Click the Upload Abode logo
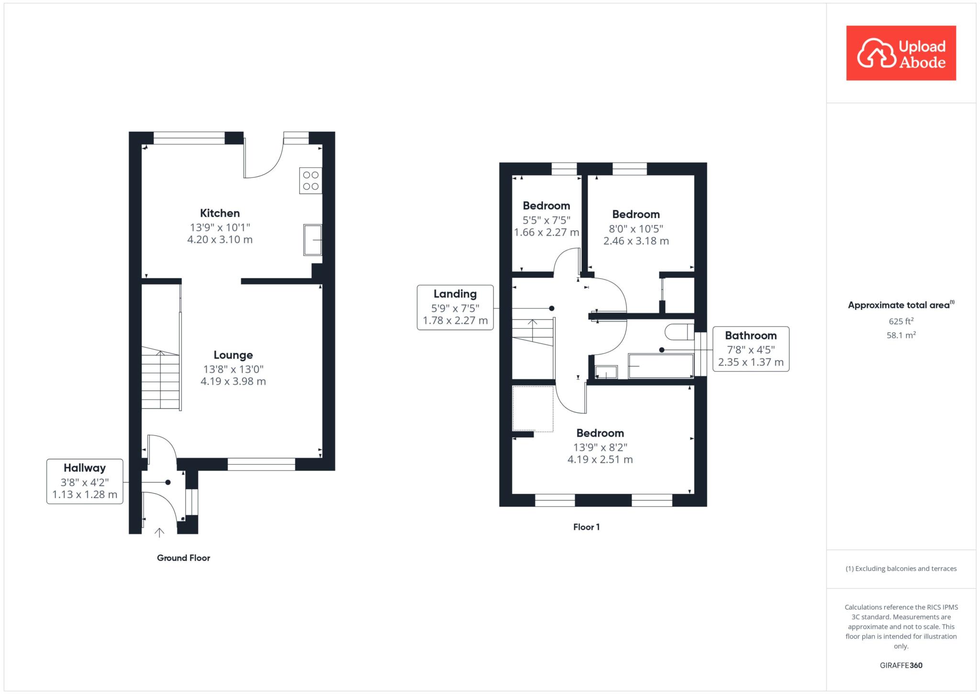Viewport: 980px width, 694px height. point(901,53)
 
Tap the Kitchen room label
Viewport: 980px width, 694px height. point(220,213)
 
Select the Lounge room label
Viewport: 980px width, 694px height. point(233,355)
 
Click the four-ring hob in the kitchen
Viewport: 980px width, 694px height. point(311,181)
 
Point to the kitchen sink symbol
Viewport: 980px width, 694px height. point(312,240)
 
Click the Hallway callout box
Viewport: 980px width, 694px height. point(85,481)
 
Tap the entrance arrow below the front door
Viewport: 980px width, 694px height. point(159,533)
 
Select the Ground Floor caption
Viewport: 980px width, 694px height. point(184,558)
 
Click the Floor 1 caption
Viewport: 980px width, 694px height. point(586,527)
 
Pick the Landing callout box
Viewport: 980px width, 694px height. point(455,307)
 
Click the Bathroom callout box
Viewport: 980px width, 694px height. point(751,349)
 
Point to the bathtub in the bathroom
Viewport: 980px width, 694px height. point(661,366)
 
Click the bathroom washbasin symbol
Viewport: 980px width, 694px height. point(606,372)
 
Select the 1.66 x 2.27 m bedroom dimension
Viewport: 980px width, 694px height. point(546,233)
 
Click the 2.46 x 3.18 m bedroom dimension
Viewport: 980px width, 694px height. point(636,241)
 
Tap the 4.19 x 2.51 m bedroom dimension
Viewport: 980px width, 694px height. point(600,460)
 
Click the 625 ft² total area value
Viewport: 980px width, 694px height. point(901,321)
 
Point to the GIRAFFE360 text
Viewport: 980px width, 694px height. point(901,665)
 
